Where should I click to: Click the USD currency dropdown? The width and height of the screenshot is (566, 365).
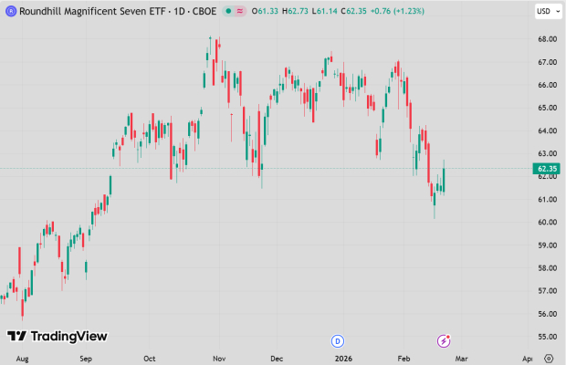click(545, 11)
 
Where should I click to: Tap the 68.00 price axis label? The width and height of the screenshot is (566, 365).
click(547, 39)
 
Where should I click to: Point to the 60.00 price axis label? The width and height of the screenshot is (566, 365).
click(547, 223)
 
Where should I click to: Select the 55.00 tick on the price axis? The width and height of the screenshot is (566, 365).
click(547, 337)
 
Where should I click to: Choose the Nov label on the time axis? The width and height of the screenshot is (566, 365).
click(219, 358)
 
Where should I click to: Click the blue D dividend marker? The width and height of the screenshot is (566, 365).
click(337, 340)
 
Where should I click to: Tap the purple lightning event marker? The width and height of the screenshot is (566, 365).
click(445, 340)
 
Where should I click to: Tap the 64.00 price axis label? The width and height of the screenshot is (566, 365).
click(547, 130)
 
